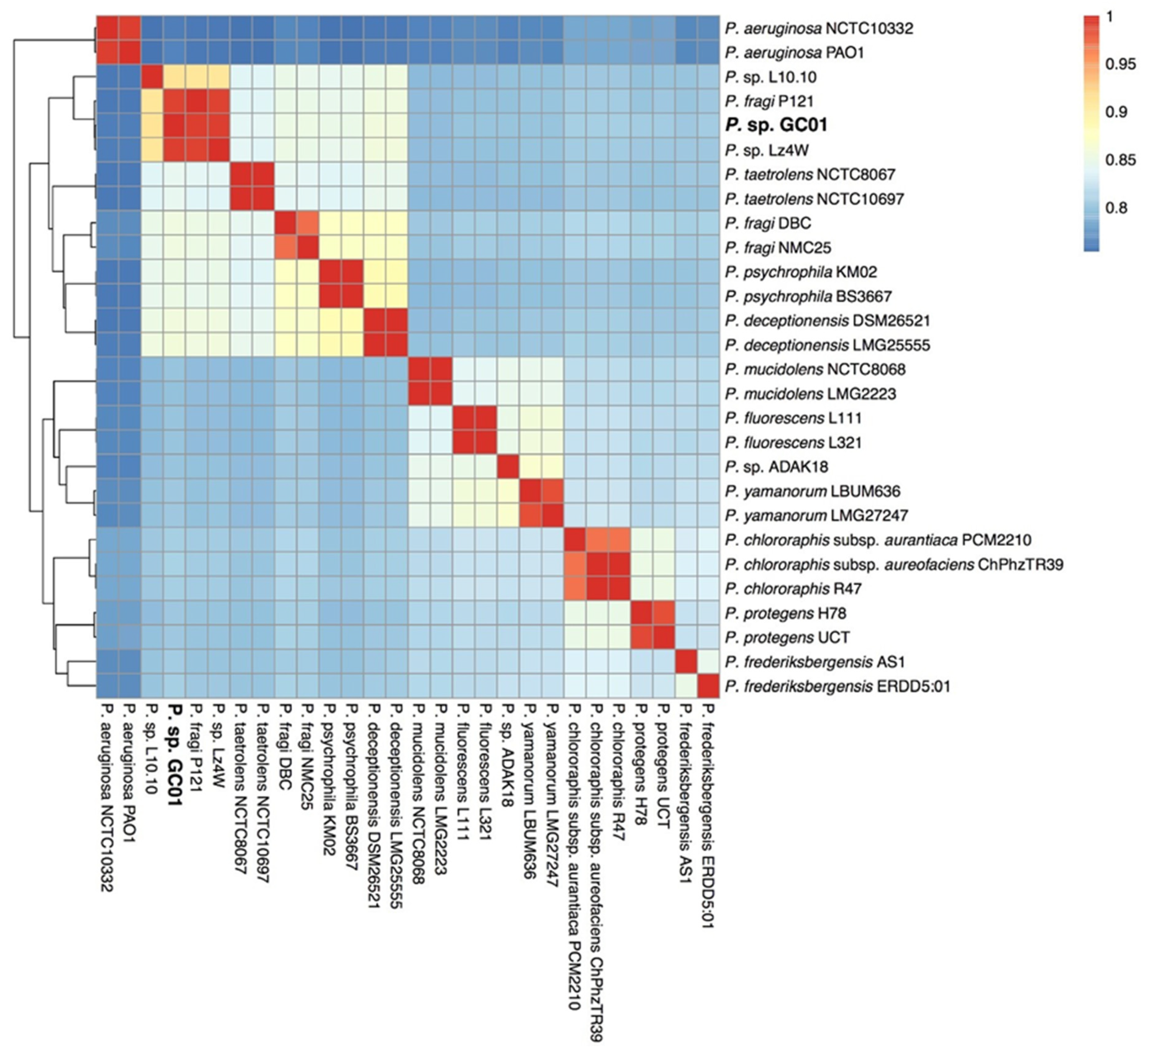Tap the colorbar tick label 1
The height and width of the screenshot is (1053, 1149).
1109,17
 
